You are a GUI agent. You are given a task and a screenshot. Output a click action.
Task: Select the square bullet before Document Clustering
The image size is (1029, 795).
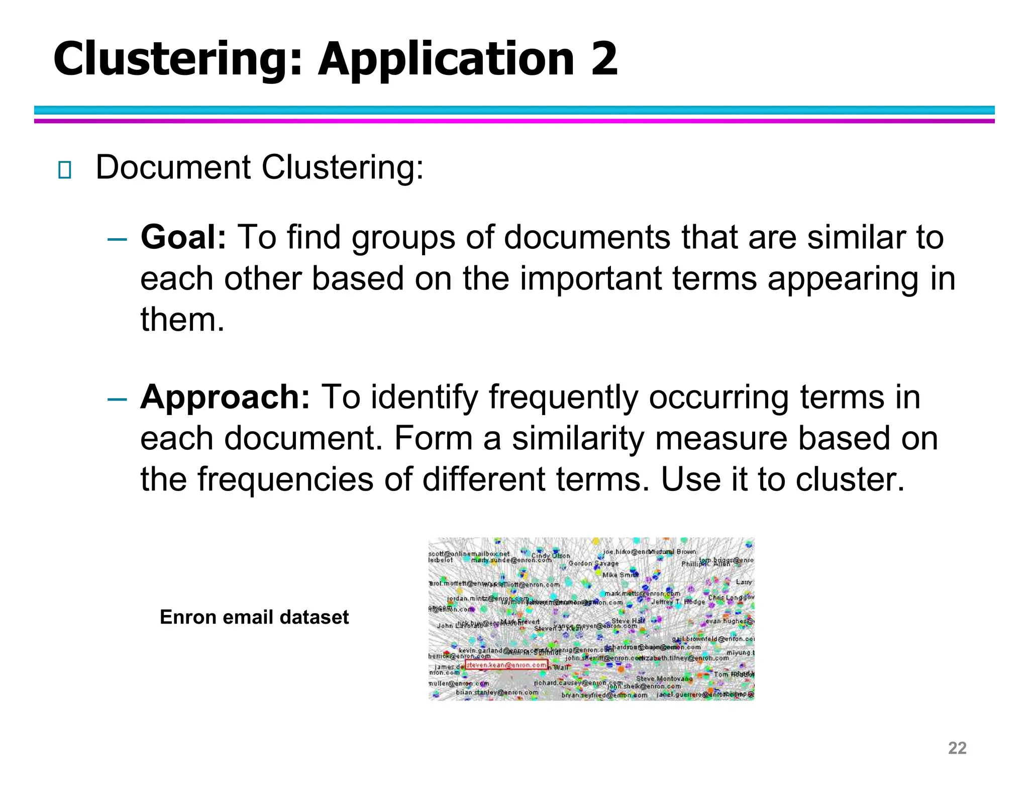pos(64,170)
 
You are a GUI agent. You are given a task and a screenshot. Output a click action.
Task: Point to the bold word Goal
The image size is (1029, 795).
pos(183,237)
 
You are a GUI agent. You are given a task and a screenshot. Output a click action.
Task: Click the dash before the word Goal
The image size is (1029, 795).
pos(117,239)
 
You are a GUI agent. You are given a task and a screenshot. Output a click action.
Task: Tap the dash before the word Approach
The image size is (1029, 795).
pos(117,399)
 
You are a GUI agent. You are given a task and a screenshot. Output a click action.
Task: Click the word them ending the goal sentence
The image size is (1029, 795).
pos(182,320)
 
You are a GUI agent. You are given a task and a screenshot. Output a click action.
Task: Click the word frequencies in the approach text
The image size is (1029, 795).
pos(285,479)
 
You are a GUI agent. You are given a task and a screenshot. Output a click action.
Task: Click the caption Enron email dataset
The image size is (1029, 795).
pos(254,617)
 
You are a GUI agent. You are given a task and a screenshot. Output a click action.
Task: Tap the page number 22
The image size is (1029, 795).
pos(957,748)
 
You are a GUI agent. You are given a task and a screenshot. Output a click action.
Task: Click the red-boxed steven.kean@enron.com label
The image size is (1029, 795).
pos(506,665)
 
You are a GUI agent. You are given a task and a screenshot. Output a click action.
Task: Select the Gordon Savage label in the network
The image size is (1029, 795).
pos(593,563)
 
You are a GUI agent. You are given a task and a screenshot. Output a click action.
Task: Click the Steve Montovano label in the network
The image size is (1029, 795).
pos(664,678)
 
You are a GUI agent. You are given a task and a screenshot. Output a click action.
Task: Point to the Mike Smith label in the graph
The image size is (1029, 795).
pos(620,574)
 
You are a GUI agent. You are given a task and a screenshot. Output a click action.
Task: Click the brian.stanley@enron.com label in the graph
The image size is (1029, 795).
pos(497,692)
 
